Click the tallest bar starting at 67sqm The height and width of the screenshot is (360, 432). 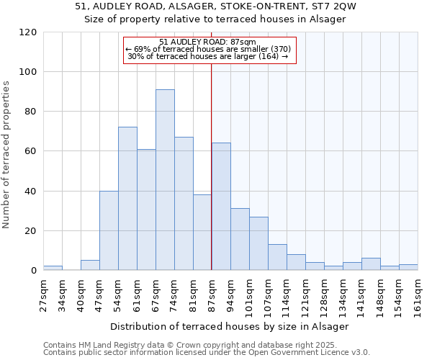coord(165,180)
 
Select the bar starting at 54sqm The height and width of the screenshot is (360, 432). coord(127,199)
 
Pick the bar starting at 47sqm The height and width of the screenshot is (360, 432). coord(109,230)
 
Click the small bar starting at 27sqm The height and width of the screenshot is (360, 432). coord(53,268)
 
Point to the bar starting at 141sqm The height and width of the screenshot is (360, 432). coord(371,264)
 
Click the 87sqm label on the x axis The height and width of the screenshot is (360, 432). coord(212,292)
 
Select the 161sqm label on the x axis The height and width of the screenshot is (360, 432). coord(418,292)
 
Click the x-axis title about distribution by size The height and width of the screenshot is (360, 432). coord(230,326)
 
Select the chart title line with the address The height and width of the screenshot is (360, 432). coord(215,6)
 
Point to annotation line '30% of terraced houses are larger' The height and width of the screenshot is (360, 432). coord(207,56)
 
